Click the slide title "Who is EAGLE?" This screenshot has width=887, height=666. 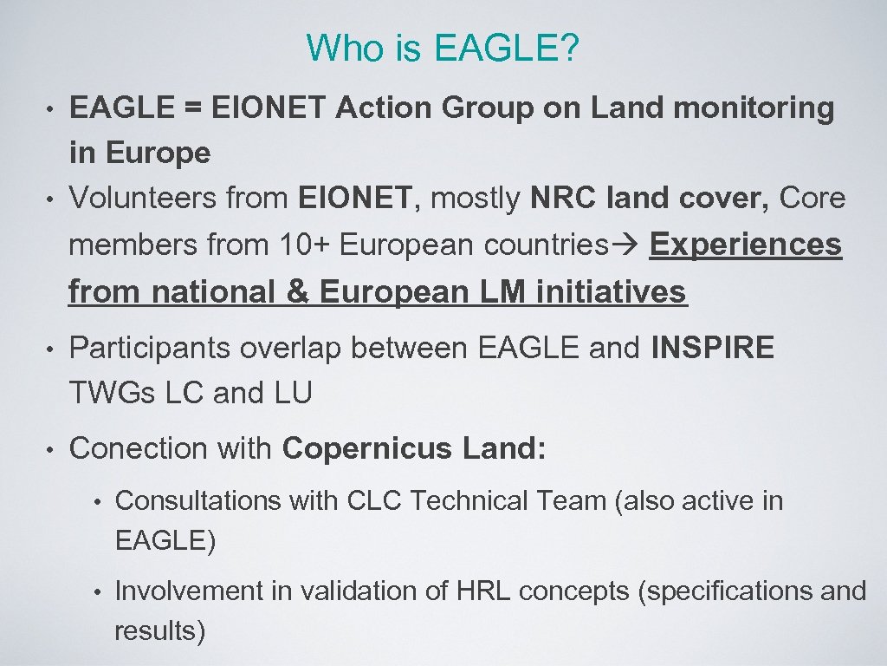(x=443, y=49)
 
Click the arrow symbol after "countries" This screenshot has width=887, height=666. (x=629, y=245)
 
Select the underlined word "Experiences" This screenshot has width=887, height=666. (x=746, y=245)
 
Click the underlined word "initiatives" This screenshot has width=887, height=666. (x=612, y=292)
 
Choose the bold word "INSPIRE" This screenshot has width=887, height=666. (x=712, y=348)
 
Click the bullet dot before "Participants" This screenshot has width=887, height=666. (x=51, y=349)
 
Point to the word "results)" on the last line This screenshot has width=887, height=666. (x=160, y=630)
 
